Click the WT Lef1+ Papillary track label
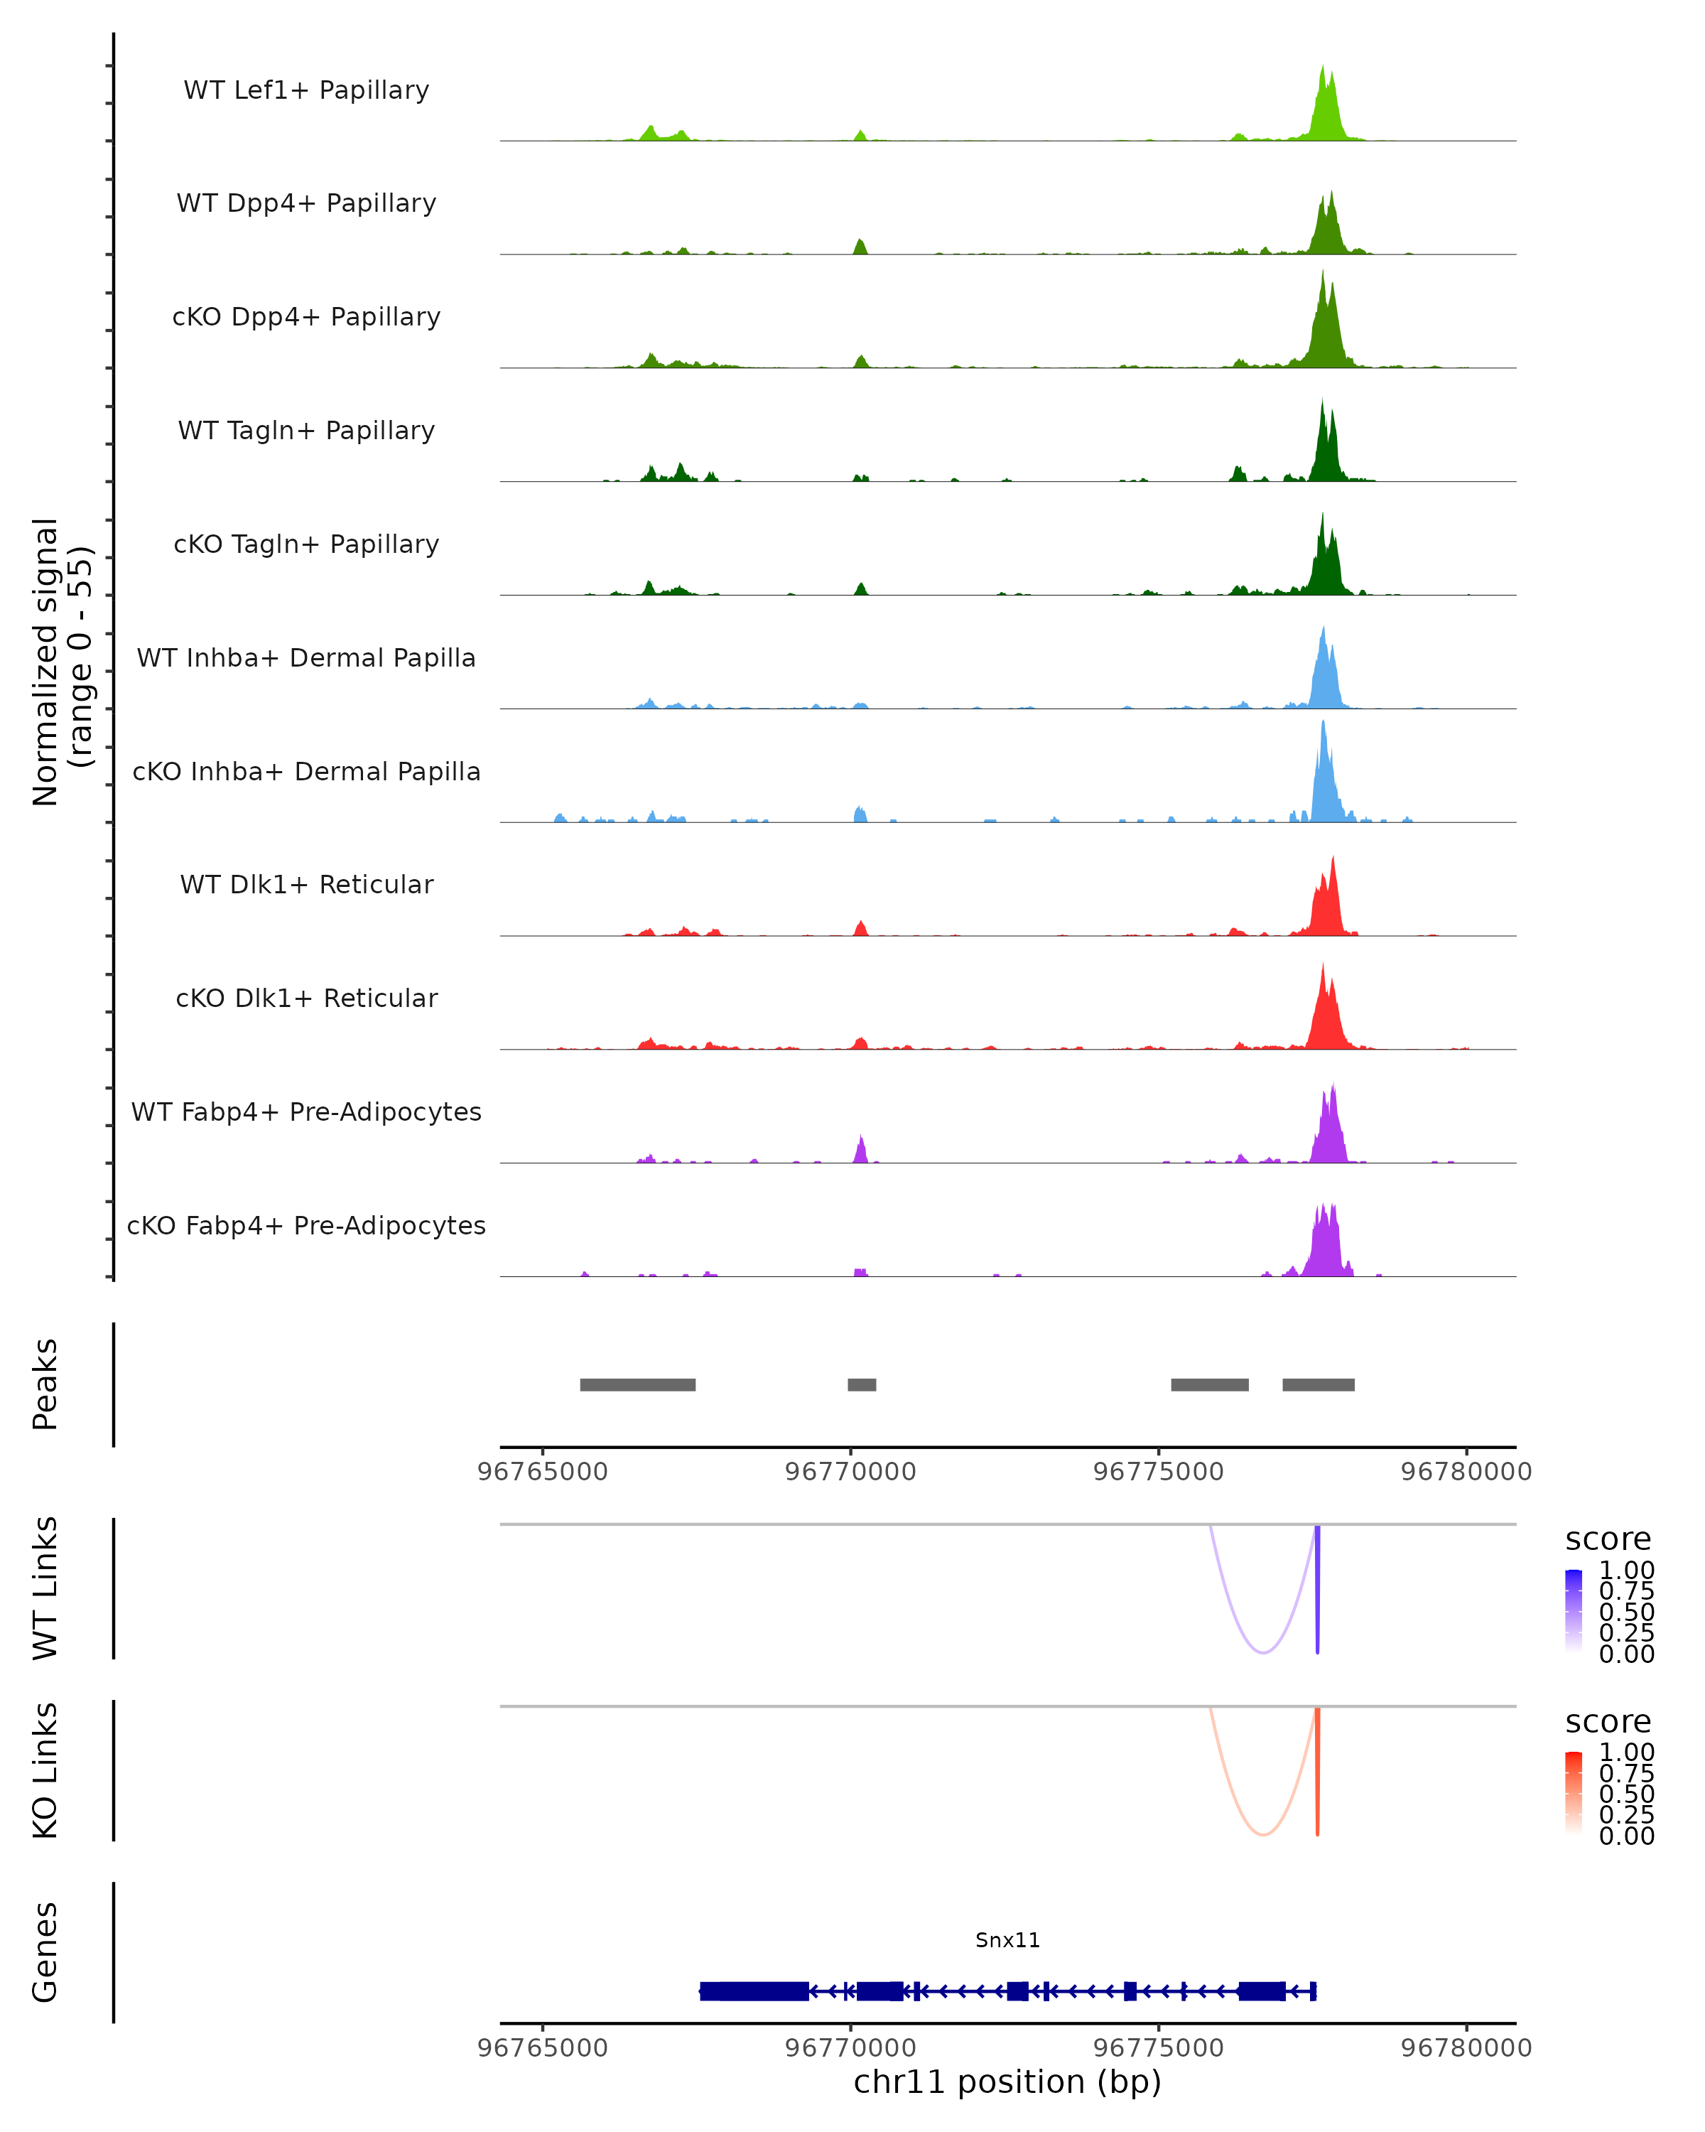click(x=306, y=90)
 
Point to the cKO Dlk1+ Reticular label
click(x=306, y=998)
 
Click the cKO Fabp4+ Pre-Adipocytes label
click(x=306, y=1225)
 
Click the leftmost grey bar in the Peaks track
click(x=637, y=1384)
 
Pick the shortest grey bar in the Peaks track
click(x=862, y=1384)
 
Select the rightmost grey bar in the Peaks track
click(x=1319, y=1384)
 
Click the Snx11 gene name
click(x=1007, y=1940)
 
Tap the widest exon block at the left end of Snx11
click(x=754, y=1991)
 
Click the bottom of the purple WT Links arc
click(x=1263, y=1652)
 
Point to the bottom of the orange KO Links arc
click(x=1263, y=1834)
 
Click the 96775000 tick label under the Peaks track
click(x=1159, y=1472)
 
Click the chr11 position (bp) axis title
click(x=1007, y=2082)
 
